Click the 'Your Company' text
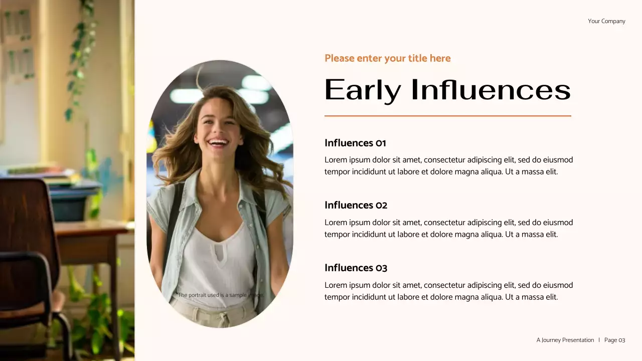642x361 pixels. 606,21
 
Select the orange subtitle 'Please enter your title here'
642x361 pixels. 387,58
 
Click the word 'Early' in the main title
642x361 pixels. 363,90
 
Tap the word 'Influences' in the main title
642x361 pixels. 491,90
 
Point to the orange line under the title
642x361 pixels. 447,116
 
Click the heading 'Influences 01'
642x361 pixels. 355,143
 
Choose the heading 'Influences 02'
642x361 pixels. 356,205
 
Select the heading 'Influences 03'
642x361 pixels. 356,268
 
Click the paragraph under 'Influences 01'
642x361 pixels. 448,166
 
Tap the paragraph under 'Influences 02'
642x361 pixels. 448,228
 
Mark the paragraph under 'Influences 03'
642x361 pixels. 448,291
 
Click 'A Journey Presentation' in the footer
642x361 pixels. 565,340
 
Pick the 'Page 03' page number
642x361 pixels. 614,340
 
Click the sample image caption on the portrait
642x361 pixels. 221,295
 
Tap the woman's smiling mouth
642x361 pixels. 218,142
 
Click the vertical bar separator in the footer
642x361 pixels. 599,340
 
